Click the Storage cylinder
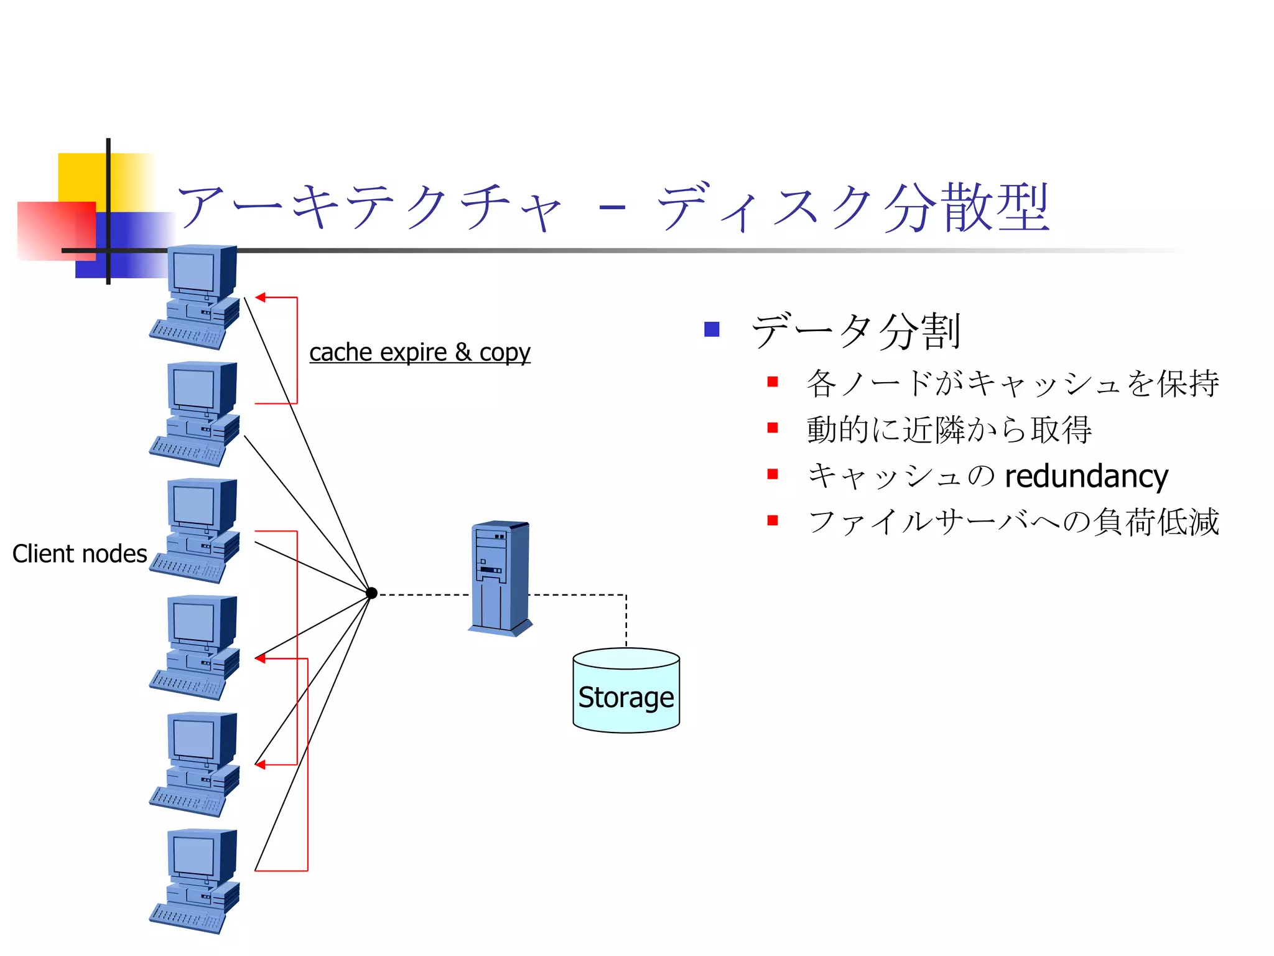tap(626, 691)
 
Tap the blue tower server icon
tap(500, 578)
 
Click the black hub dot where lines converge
tap(371, 593)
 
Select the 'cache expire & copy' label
tap(420, 353)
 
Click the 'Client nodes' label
tap(80, 554)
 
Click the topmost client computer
tap(195, 296)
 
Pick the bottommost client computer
tap(195, 881)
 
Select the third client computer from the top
tap(195, 530)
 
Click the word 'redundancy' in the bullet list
tap(1086, 476)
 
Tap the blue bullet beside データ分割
tap(712, 329)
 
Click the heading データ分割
tap(856, 330)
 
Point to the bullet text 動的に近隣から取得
tap(949, 429)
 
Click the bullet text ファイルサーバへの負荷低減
tap(1013, 522)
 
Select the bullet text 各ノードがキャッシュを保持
tap(1013, 383)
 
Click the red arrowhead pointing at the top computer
tap(261, 298)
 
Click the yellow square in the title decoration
tap(81, 177)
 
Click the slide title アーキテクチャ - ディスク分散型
tap(613, 207)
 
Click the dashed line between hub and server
tap(423, 595)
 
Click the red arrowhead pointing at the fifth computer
tap(261, 764)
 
